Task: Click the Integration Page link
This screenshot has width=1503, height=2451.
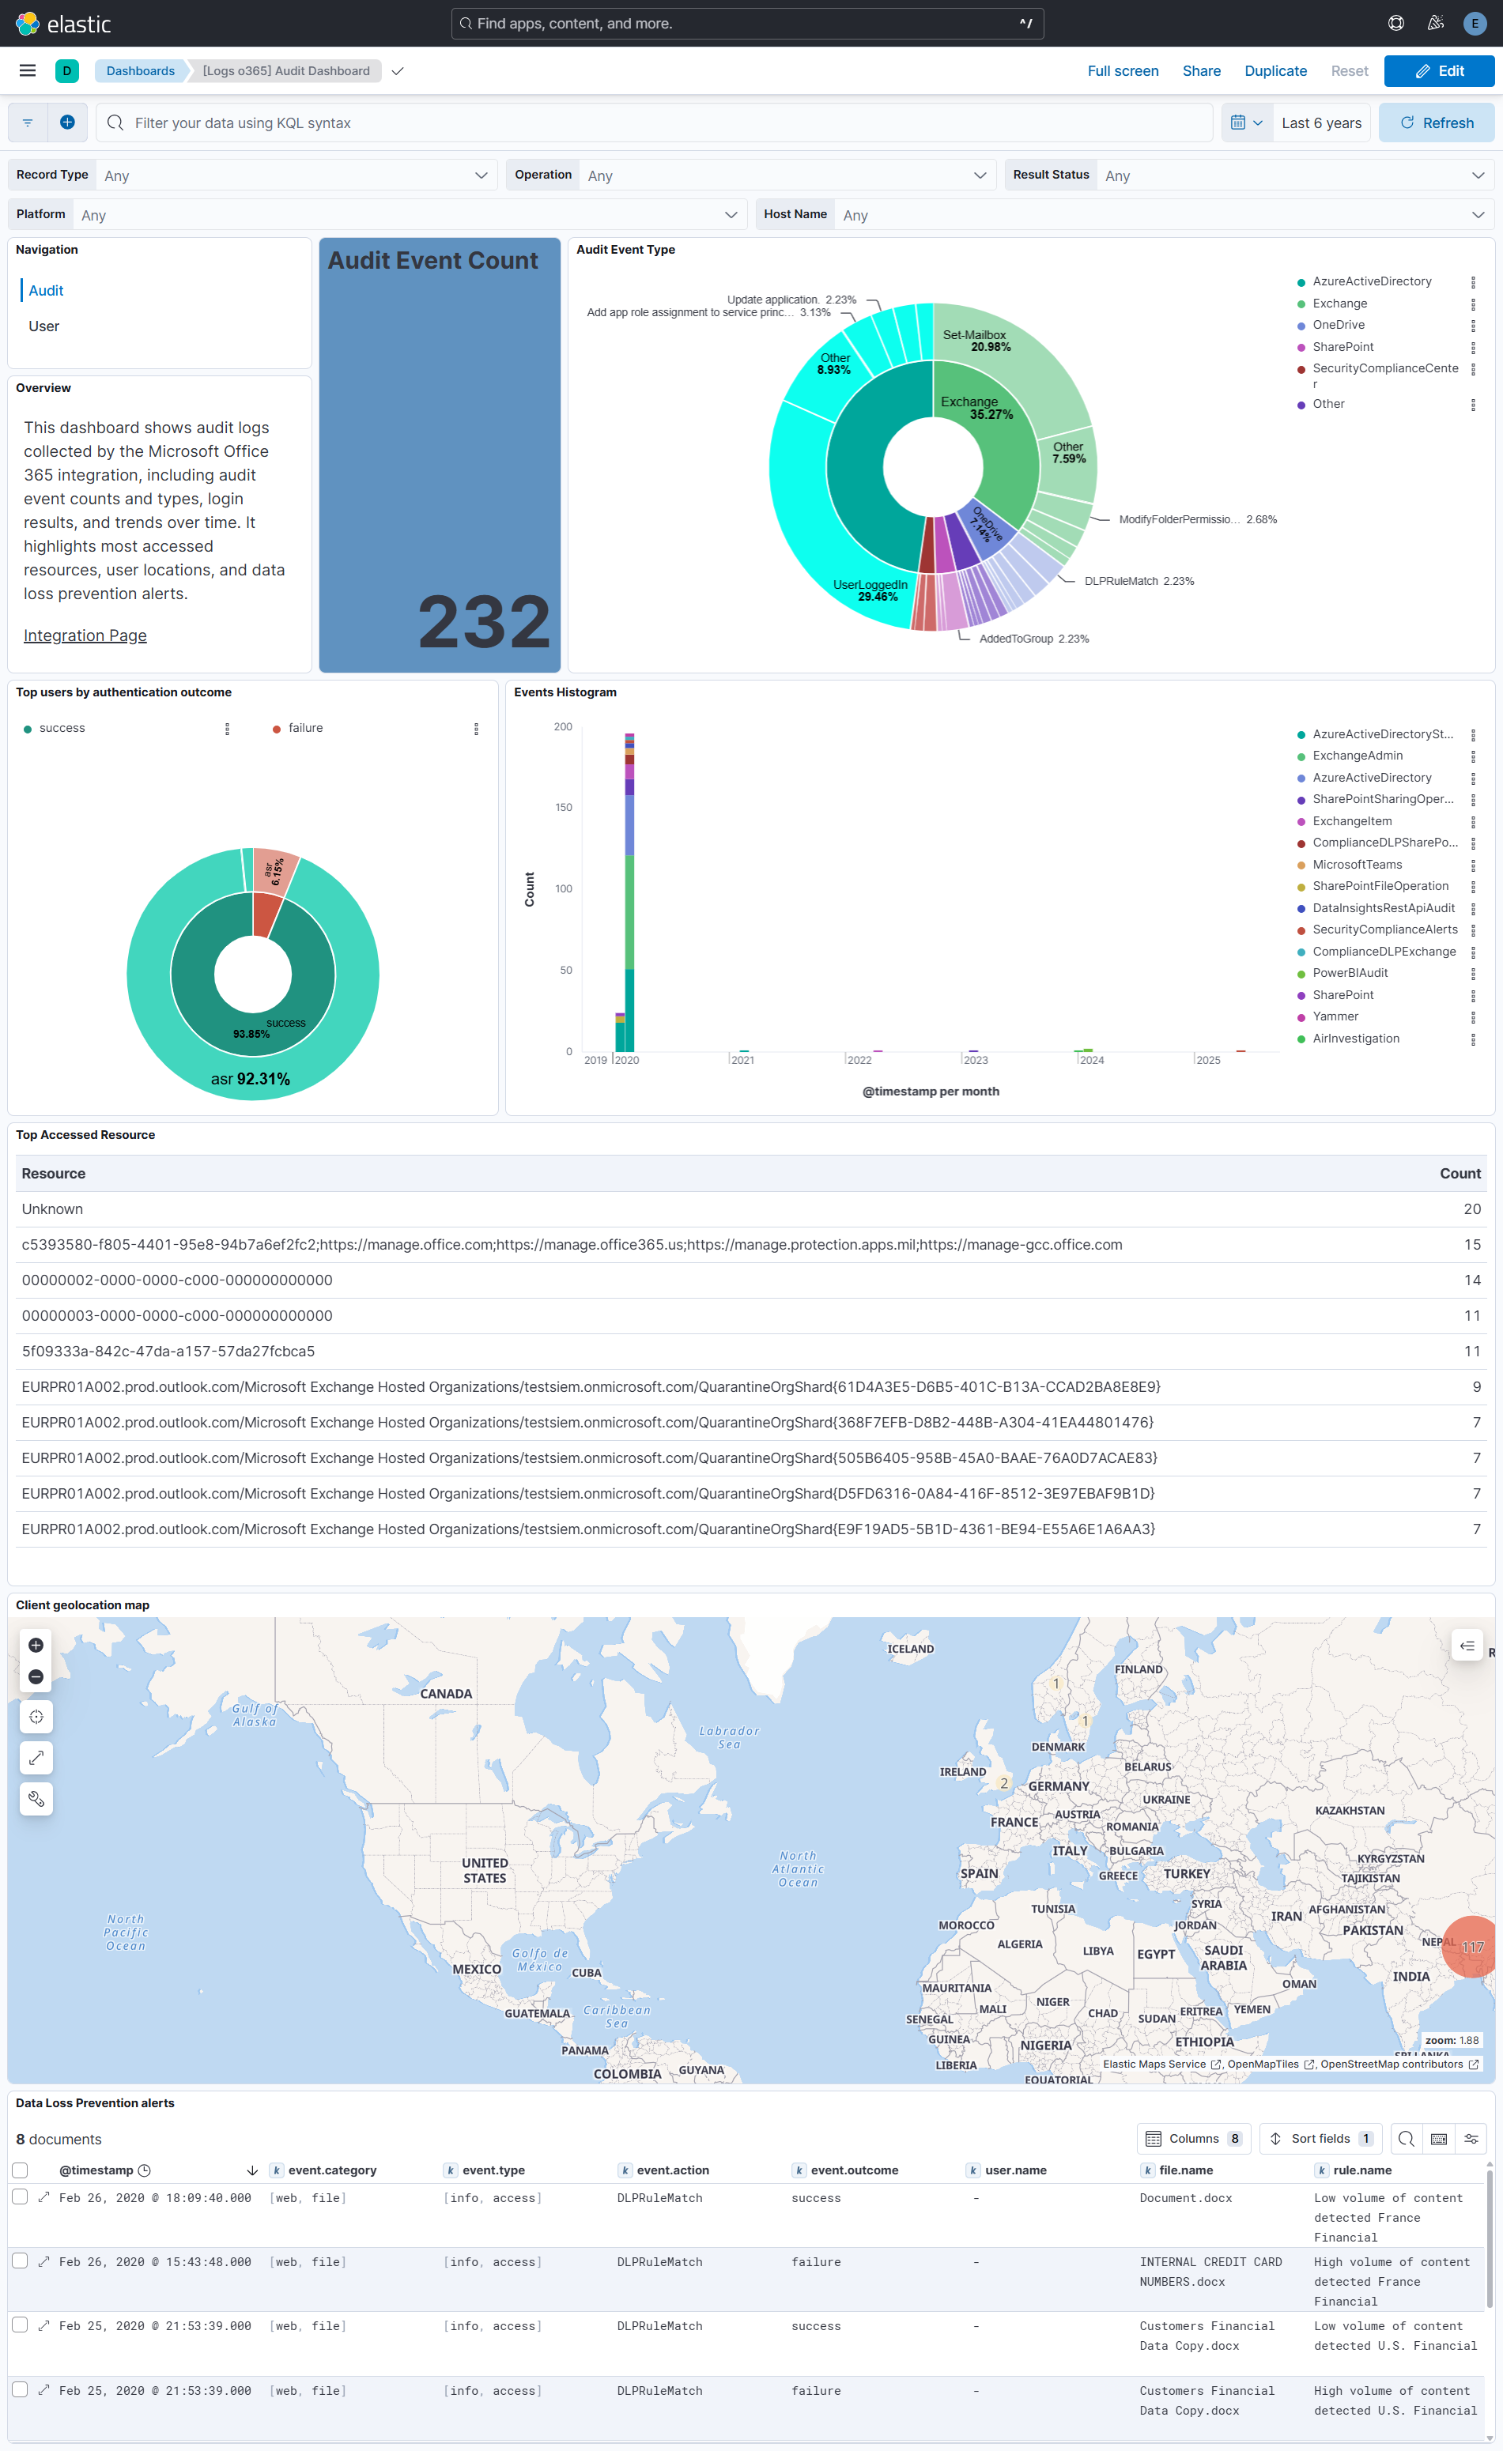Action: click(x=85, y=635)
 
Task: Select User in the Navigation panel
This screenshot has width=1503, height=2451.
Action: click(x=43, y=326)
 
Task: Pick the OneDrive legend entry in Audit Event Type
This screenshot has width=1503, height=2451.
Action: click(x=1338, y=326)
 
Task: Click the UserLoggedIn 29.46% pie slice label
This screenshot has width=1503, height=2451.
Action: click(x=870, y=590)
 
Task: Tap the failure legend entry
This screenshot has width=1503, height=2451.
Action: click(x=305, y=728)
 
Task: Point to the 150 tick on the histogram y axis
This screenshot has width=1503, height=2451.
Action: click(x=563, y=808)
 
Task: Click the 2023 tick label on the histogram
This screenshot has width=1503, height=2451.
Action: click(x=975, y=1061)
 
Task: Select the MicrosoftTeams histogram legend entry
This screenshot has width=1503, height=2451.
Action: click(x=1357, y=865)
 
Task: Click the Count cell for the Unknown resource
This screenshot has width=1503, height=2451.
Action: click(x=1471, y=1209)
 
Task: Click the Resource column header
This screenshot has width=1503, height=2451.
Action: click(x=54, y=1174)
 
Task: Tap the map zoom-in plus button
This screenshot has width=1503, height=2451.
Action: click(x=36, y=1646)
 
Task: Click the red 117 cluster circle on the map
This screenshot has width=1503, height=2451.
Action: click(x=1469, y=1947)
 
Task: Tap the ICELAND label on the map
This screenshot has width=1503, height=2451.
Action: click(x=910, y=1648)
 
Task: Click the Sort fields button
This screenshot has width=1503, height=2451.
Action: click(x=1321, y=2139)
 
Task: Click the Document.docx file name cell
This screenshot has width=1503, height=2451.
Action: click(x=1184, y=2197)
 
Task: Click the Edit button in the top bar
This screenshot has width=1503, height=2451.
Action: click(x=1438, y=70)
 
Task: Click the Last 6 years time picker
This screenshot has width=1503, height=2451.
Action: click(x=1320, y=123)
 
